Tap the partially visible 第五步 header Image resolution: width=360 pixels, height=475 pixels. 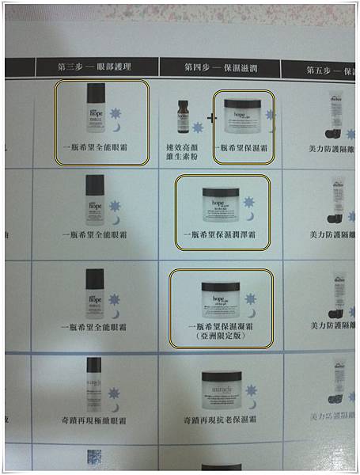coord(328,69)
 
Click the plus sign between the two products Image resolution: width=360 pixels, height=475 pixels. coord(210,118)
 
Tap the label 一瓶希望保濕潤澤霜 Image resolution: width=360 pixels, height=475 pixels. coord(222,235)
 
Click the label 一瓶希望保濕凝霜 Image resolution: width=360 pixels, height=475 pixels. coord(222,325)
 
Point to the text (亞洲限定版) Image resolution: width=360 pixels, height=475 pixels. coord(222,336)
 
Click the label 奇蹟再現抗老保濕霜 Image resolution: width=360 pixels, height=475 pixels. coord(222,418)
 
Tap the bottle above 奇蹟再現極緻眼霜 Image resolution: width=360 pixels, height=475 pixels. coord(94,383)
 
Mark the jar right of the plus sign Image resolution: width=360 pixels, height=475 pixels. coord(244,116)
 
